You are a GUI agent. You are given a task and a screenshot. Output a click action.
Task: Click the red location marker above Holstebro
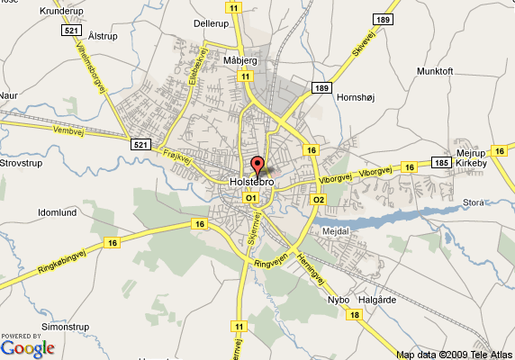257,166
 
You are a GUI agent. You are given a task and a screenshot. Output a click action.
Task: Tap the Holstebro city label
253,182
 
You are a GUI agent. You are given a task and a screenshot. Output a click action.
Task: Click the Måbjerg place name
241,60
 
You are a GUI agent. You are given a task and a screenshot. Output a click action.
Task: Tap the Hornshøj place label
355,97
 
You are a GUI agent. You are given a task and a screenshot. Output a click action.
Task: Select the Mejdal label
335,230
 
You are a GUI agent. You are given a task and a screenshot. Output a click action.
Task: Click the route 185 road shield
440,163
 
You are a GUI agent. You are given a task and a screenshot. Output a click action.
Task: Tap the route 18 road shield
356,315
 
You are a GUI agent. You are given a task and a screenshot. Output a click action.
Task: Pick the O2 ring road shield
318,199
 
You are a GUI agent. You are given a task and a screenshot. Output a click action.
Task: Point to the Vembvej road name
46,130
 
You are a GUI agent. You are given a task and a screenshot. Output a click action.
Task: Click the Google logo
27,348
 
